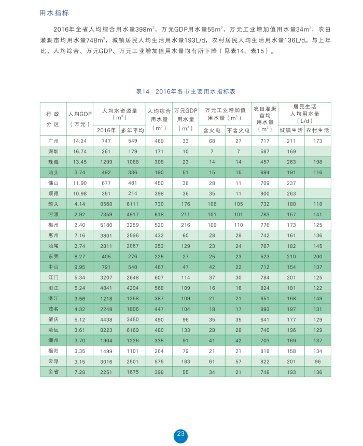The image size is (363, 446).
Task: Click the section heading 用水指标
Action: [54, 13]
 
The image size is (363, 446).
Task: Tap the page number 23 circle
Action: [180, 434]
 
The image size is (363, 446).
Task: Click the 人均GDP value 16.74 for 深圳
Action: [79, 151]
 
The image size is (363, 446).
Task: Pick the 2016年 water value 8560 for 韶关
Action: [106, 204]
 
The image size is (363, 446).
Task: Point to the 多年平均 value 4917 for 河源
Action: [132, 214]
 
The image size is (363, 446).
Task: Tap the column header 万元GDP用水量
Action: [185, 119]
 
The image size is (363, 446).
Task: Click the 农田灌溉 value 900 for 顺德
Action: [264, 193]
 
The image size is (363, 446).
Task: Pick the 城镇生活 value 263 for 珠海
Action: [291, 162]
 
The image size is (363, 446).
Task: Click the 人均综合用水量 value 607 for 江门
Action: [159, 277]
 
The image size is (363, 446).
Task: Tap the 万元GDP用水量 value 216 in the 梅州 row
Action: [185, 225]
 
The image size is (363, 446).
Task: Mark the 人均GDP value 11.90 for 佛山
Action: [79, 183]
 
